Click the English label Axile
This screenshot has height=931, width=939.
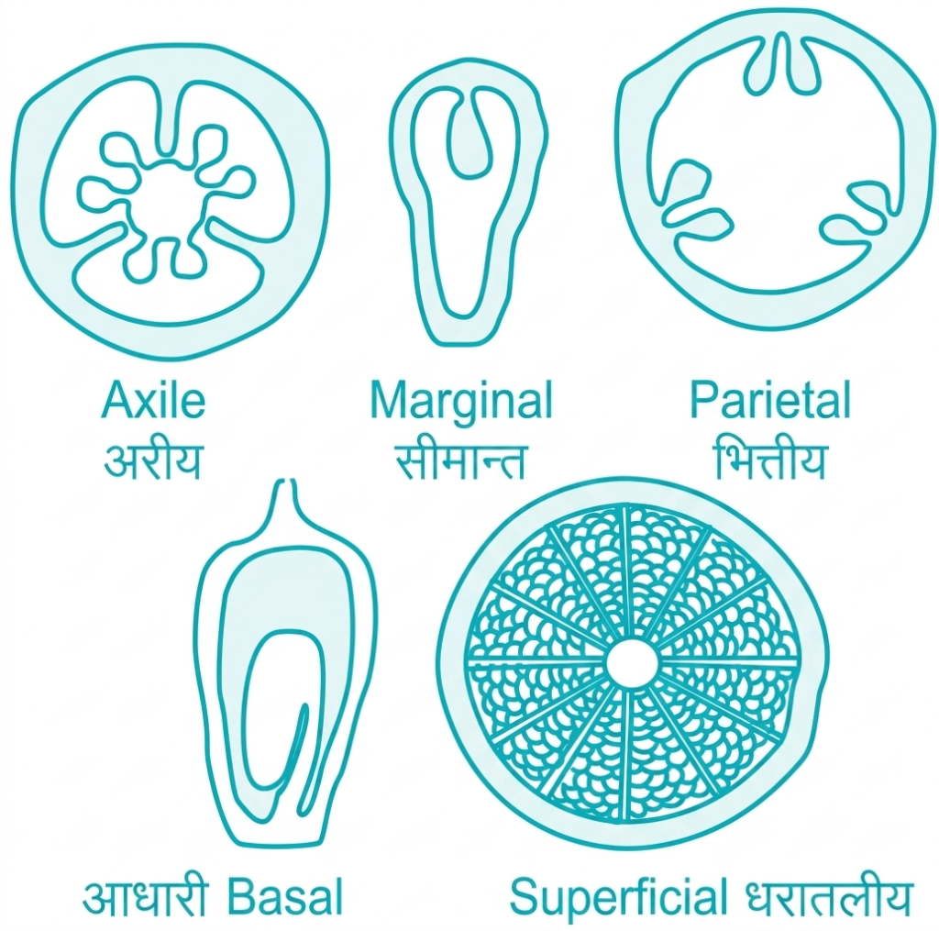tap(153, 400)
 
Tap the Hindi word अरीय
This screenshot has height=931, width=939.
tap(153, 460)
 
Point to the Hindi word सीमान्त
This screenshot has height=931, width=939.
tap(460, 460)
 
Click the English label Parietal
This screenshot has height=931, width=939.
tap(770, 399)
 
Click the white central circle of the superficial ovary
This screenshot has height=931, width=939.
tap(633, 663)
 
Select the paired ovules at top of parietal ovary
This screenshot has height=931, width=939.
tap(780, 64)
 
